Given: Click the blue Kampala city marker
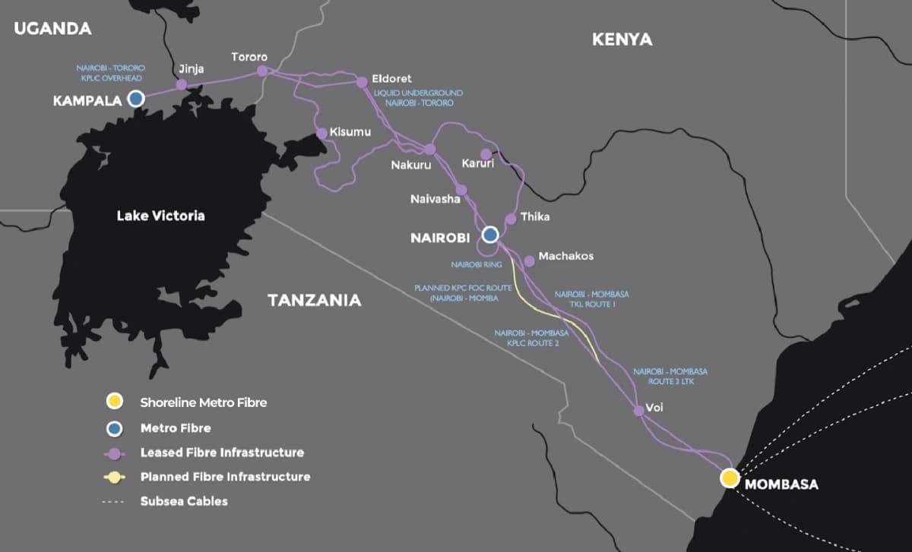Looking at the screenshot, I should point(136,98).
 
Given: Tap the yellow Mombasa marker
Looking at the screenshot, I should point(730,478).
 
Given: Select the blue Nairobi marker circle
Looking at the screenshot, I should point(490,235).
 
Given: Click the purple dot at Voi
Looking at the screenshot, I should point(639,410).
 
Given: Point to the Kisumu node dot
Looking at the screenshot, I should point(321,133).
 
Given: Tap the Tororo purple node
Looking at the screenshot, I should point(262,71).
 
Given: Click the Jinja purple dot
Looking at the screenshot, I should point(181,84).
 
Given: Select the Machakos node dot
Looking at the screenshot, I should point(529,260).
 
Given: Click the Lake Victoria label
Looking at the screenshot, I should point(160,216).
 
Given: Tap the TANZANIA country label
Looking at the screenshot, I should point(314,300).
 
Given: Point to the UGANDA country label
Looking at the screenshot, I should point(52,29).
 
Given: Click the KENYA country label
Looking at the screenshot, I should point(622,39).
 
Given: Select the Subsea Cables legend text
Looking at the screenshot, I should point(183,501).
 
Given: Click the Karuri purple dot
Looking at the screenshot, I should point(486,154).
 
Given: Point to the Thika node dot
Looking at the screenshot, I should point(511,219).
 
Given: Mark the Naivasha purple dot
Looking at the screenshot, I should point(461,190).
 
